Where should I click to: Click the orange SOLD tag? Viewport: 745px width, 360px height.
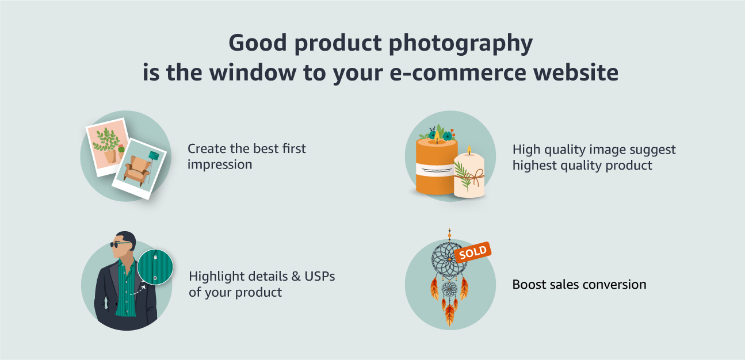[472, 251]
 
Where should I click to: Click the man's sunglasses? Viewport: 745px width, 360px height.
[121, 244]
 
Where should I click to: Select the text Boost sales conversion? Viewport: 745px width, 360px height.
[579, 284]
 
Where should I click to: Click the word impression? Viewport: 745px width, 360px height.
[220, 164]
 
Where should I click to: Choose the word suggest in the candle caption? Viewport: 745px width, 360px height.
[652, 150]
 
